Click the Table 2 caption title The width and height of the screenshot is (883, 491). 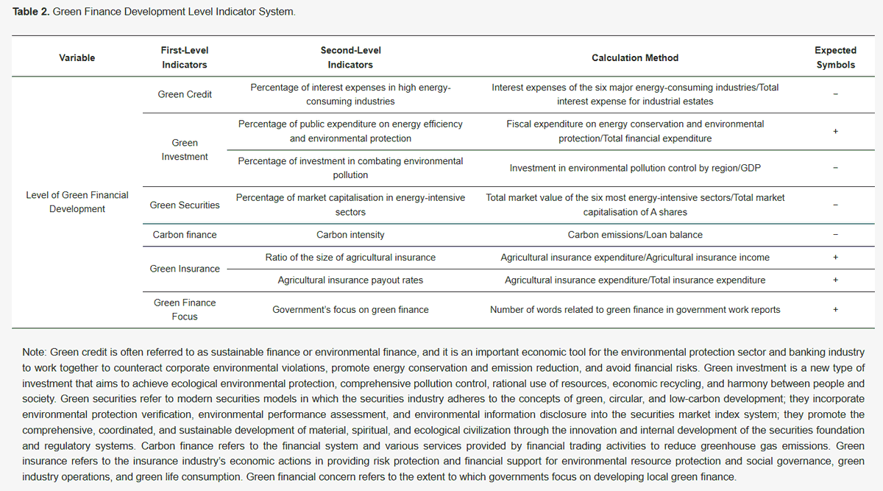point(155,13)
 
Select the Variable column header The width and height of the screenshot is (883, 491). point(77,57)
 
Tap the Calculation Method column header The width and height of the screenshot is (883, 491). point(635,57)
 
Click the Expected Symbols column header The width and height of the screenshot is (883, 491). point(835,57)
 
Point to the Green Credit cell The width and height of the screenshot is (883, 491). point(185,94)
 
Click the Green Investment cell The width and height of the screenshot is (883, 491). point(185,149)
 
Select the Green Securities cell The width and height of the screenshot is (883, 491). point(185,205)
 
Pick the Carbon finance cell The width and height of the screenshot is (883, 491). point(185,236)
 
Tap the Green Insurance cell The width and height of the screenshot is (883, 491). point(185,269)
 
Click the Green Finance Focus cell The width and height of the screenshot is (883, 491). point(185,309)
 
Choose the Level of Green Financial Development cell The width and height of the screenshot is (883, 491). point(77,202)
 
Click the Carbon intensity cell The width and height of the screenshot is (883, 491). point(350,236)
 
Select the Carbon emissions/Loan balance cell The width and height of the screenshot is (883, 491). point(635,236)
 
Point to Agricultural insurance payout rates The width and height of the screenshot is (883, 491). point(350,280)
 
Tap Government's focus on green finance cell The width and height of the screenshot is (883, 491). point(350,310)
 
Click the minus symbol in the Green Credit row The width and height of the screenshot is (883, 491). point(835,94)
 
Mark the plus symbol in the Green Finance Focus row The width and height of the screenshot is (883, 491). point(835,310)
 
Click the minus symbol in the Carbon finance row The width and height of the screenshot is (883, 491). point(835,236)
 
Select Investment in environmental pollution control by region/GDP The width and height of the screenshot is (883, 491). point(635,169)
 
